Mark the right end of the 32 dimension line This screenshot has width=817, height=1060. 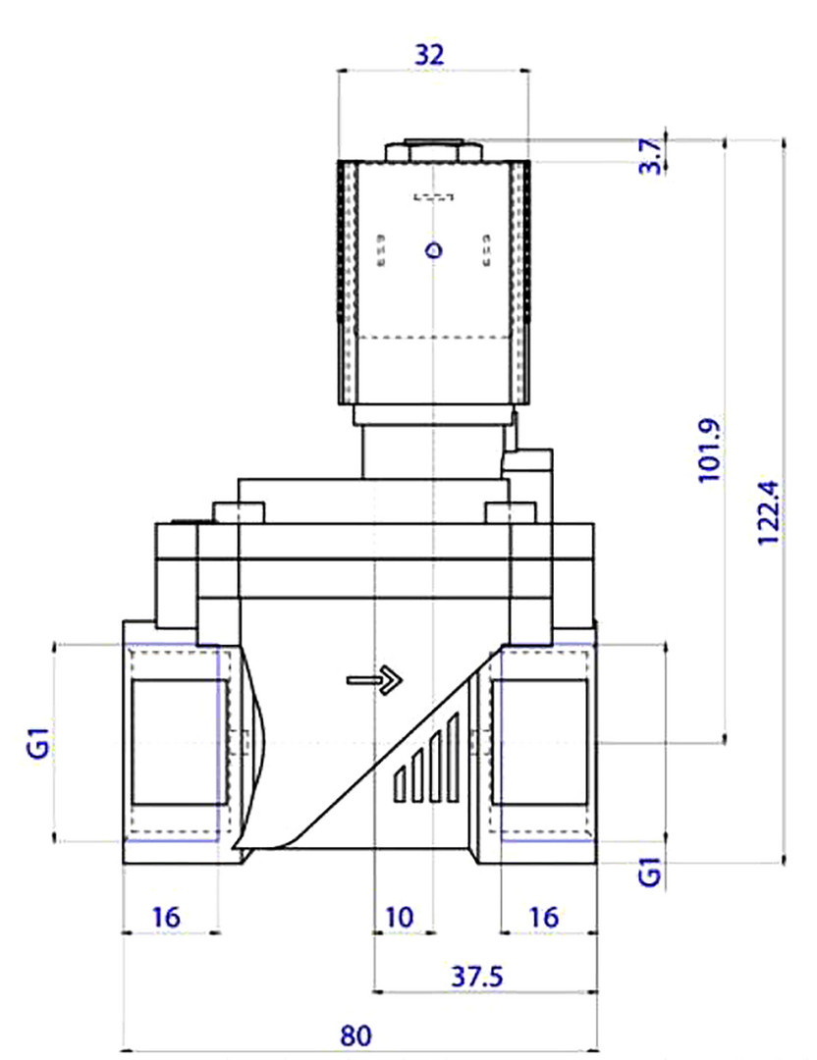[x=529, y=70]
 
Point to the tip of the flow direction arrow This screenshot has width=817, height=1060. [x=403, y=680]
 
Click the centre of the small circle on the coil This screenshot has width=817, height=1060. [x=433, y=251]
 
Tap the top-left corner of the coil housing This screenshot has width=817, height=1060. [x=338, y=162]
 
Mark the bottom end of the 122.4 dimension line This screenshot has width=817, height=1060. [x=784, y=863]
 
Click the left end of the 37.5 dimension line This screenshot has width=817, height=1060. [x=374, y=992]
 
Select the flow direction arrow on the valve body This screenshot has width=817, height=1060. [x=375, y=680]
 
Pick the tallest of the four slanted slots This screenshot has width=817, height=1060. [x=453, y=758]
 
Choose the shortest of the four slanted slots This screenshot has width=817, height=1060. [x=400, y=785]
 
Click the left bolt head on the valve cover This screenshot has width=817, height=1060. [x=239, y=513]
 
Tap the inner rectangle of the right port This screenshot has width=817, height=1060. [x=540, y=742]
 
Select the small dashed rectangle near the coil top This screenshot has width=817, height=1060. [x=433, y=197]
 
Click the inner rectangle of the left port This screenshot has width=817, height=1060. [x=180, y=742]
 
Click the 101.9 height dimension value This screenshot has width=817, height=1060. [x=709, y=450]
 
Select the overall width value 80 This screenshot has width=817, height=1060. [x=355, y=1035]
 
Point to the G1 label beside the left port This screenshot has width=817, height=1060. [x=40, y=742]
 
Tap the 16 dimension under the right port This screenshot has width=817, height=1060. [x=544, y=918]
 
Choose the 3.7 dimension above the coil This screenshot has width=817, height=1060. [x=650, y=156]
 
